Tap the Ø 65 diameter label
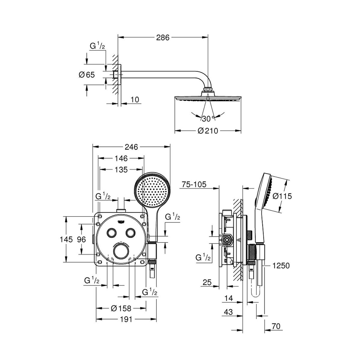click(x=87, y=75)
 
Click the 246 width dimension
click(x=131, y=147)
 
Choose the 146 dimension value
click(x=121, y=158)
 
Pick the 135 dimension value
click(x=121, y=169)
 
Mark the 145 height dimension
click(x=66, y=239)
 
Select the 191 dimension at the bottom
click(x=126, y=319)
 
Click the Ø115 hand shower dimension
click(x=282, y=196)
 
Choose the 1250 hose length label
click(x=281, y=265)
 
